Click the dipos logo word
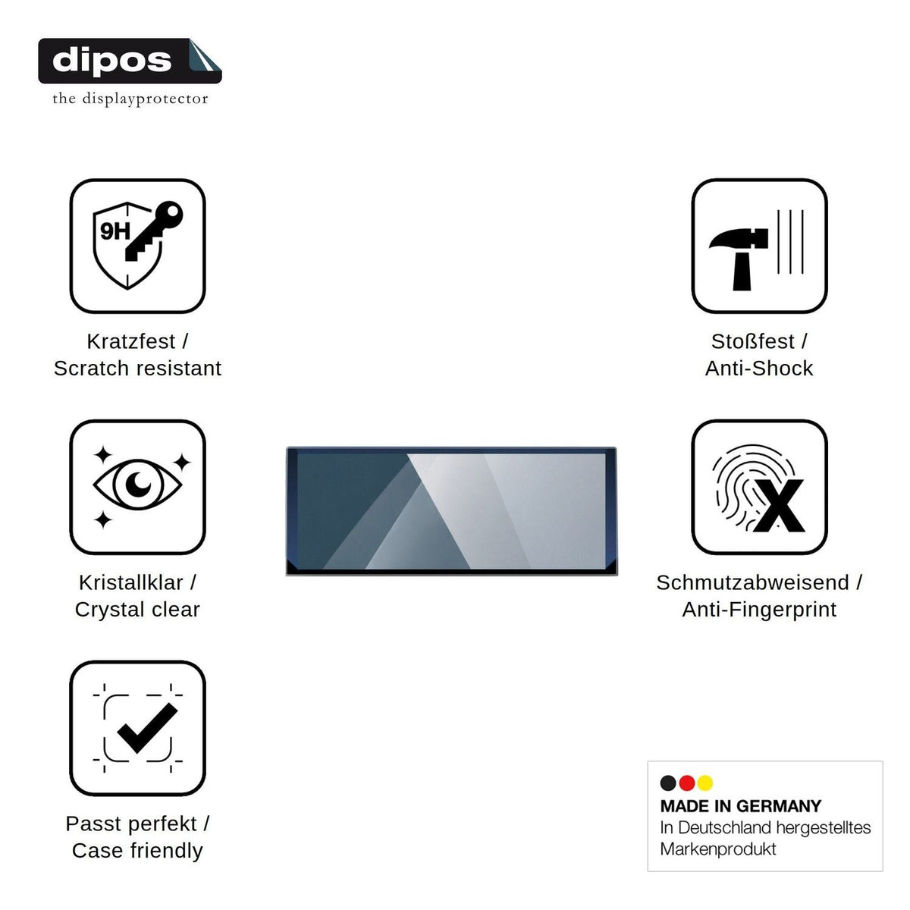coord(111,61)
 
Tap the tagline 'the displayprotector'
coord(130,99)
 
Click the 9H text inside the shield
coord(115,231)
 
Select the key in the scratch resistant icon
coord(154,231)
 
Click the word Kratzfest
coord(130,341)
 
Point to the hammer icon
coord(739,259)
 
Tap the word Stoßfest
coord(753,341)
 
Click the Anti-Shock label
coord(759,369)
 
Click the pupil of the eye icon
coord(138,484)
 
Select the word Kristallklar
coord(130,582)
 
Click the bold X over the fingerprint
coord(779,506)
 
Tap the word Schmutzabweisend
coord(752,582)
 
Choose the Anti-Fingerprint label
coord(759,610)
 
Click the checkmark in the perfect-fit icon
coord(147,728)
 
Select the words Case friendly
coord(137,851)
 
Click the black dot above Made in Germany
coord(668,783)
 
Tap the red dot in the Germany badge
coord(686,783)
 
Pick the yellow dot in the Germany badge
coord(705,783)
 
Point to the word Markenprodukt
coord(718,849)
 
